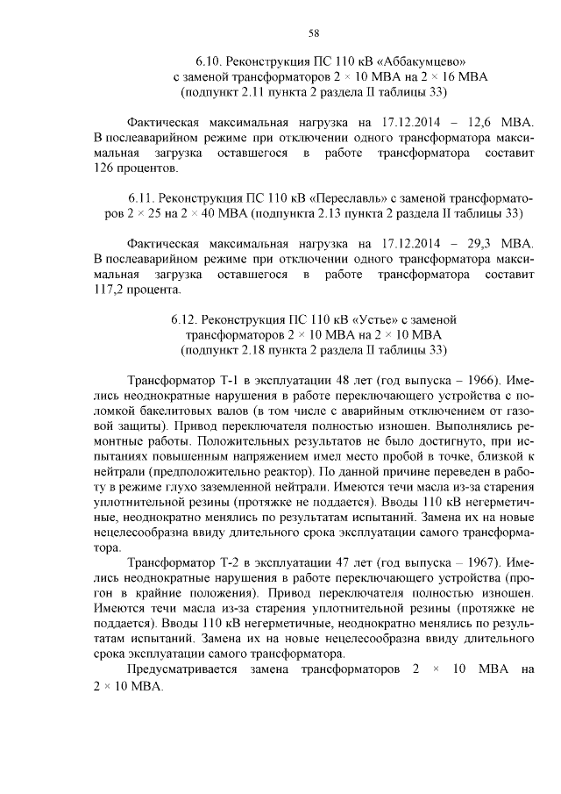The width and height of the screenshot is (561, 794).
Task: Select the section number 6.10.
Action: coord(211,61)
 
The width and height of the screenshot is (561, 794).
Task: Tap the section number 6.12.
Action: coord(188,320)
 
